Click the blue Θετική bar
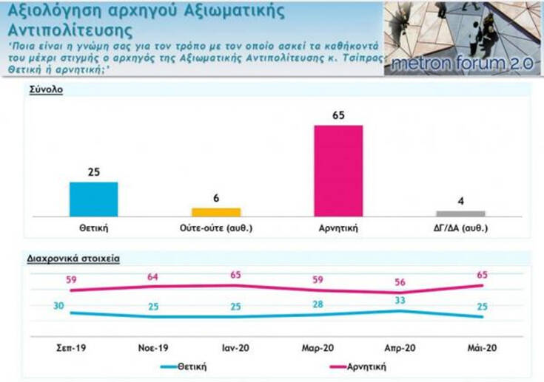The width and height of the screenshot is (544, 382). pos(93,199)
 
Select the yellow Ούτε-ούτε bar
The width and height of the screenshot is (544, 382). pos(216,212)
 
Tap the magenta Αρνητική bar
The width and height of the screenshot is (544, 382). pos(338,171)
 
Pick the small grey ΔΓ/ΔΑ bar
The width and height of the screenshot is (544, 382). pos(460,214)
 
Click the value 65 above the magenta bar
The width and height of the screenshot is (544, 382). pos(339,116)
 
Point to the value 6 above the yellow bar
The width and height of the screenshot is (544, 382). pos(216,199)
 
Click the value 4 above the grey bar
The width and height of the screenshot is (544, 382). pos(460,202)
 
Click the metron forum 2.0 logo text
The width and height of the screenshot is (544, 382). pos(461,64)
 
